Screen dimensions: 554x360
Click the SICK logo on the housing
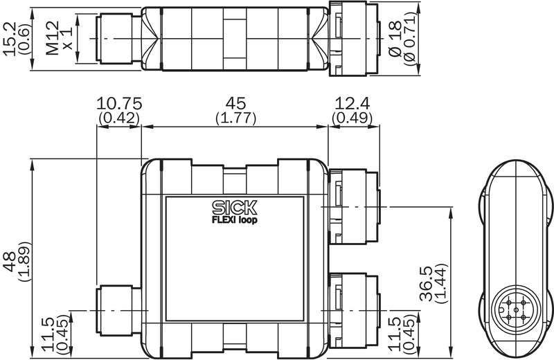(x=235, y=208)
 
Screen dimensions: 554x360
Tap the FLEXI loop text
(x=235, y=219)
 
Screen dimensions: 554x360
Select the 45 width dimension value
(x=235, y=104)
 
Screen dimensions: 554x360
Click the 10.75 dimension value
(x=119, y=104)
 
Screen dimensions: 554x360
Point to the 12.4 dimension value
(x=352, y=104)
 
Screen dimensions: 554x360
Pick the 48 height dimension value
(x=10, y=262)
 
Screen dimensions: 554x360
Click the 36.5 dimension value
(x=427, y=283)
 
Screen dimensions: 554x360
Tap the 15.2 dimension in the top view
(x=10, y=39)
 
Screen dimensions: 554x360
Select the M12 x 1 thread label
(x=59, y=38)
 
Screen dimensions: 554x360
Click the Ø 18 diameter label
(x=395, y=39)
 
